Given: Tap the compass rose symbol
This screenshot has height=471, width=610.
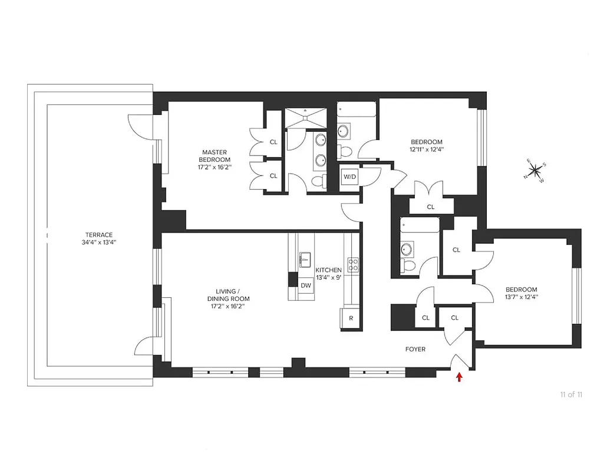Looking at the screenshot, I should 535,171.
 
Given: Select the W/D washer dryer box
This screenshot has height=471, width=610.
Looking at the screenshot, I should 349,175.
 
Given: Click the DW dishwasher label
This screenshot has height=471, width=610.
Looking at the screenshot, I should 305,286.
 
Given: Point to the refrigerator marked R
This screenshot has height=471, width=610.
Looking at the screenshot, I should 351,318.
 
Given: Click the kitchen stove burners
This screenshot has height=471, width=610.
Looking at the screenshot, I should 353,264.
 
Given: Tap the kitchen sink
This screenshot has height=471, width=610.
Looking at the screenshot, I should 305,257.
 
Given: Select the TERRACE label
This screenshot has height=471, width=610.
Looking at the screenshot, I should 98,234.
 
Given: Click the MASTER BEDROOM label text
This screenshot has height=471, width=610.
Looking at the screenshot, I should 215,156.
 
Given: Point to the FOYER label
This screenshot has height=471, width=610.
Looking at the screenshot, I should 415,349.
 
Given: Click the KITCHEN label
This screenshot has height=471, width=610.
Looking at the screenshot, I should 328,270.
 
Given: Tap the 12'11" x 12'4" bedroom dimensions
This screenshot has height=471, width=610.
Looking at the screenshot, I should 427,150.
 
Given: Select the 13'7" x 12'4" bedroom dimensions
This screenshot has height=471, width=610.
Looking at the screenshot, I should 522,297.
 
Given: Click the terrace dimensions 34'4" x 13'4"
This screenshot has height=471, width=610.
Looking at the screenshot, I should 98,243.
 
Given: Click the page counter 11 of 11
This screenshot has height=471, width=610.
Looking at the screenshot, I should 571,394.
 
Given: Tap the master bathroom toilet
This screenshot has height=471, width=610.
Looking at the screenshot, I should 319,182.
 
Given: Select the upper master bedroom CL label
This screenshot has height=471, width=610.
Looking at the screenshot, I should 273,142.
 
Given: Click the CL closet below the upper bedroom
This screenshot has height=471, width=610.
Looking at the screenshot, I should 430,207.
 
